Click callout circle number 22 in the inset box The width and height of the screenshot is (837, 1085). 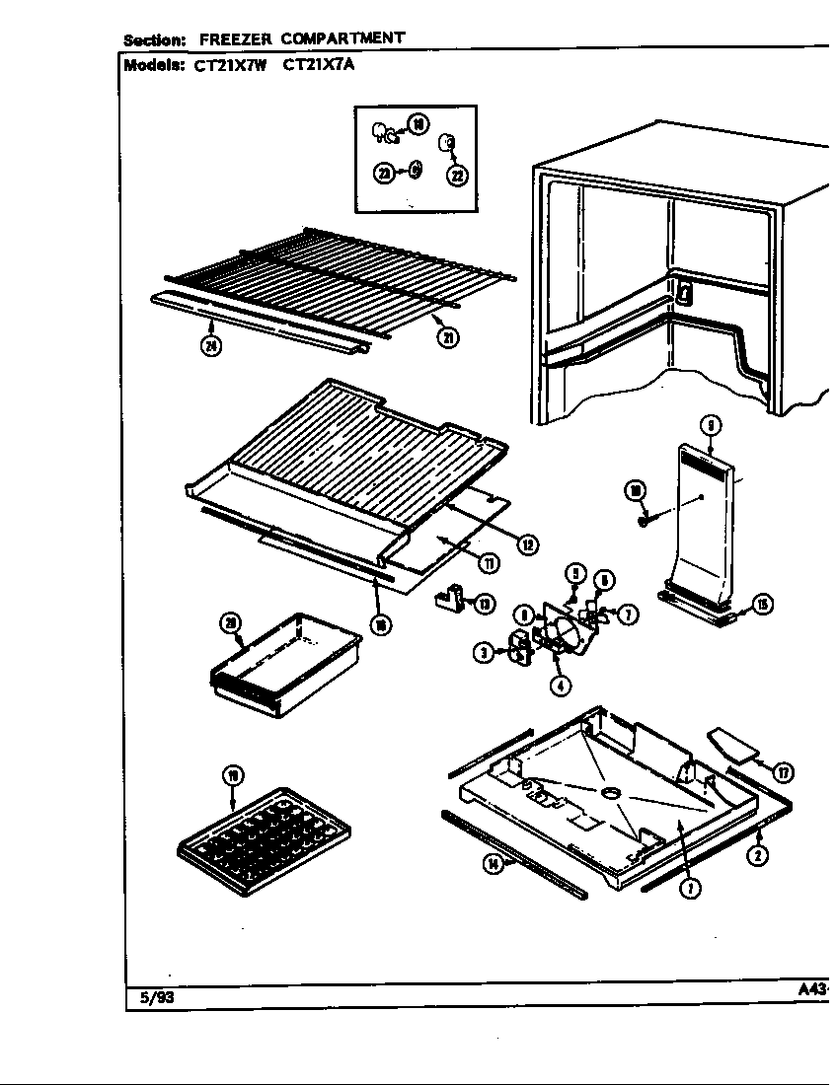coord(457,176)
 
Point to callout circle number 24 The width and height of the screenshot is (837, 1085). coord(210,344)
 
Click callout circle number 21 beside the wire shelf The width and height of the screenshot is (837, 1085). coord(448,337)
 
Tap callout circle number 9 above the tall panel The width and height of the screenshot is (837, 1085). coord(711,425)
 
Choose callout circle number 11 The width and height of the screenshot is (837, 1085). coord(488,562)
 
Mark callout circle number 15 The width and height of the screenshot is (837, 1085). coord(762,605)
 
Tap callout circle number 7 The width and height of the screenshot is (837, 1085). coord(628,615)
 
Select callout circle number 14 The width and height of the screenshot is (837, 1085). coord(493,864)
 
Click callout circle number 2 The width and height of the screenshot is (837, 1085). coord(758,854)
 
